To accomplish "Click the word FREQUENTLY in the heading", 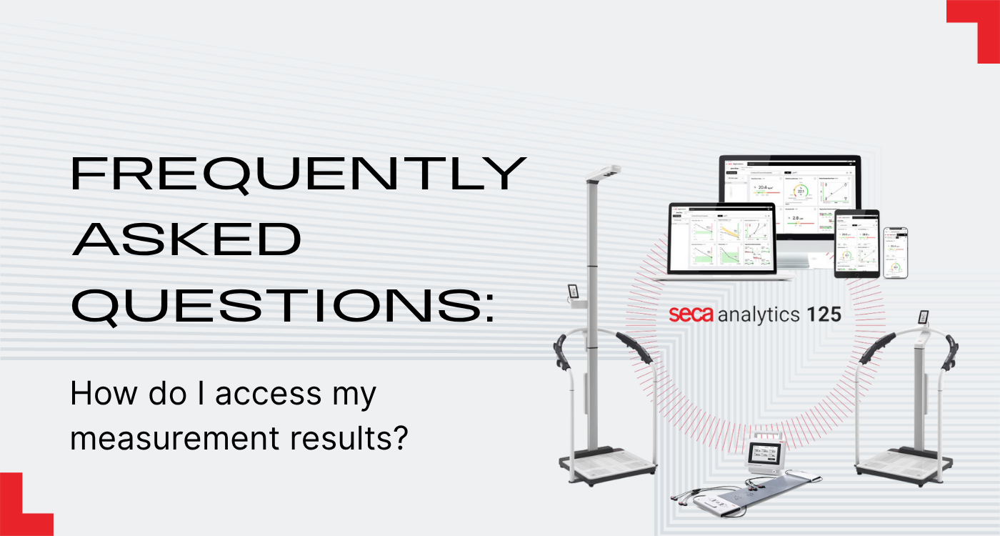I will (299, 174).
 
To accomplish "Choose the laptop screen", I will (721, 238).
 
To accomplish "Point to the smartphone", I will (896, 252).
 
